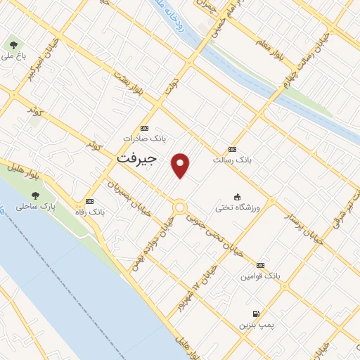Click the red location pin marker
tap(181, 165)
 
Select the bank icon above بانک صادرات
tap(144, 128)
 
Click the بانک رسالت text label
tap(233, 160)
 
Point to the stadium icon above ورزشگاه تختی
tap(238, 197)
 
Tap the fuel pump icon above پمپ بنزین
tap(255, 314)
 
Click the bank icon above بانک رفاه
tap(89, 201)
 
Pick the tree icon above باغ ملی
tap(12, 44)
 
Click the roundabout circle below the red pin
tap(179, 207)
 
